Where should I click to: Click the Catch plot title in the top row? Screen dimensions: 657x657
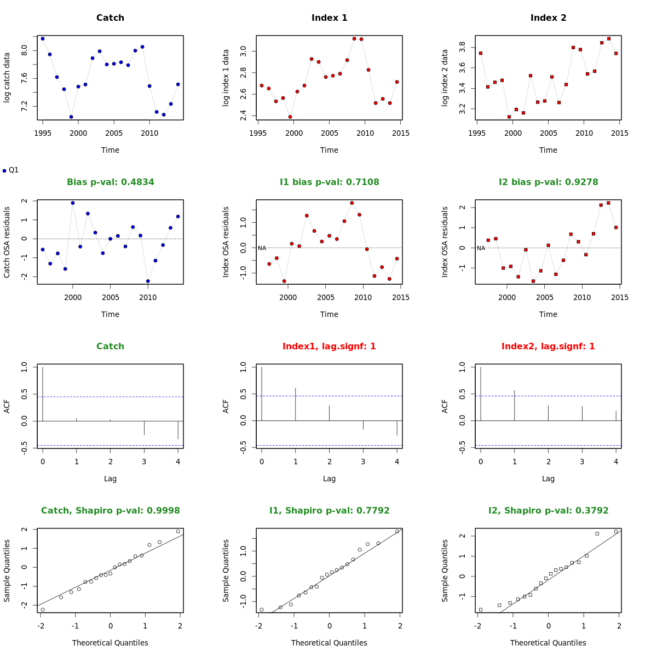pyautogui.click(x=110, y=18)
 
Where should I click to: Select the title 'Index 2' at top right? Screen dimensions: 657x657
pyautogui.click(x=548, y=18)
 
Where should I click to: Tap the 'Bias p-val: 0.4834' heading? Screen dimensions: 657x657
pyautogui.click(x=110, y=182)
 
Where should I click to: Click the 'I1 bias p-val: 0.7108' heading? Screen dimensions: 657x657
pyautogui.click(x=329, y=182)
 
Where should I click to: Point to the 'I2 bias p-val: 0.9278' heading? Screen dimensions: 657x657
pyautogui.click(x=548, y=182)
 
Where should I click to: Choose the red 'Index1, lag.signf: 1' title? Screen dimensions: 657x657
pyautogui.click(x=329, y=347)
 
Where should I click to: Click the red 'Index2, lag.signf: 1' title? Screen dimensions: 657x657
pyautogui.click(x=548, y=347)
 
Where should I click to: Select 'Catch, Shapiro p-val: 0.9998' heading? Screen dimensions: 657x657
pyautogui.click(x=110, y=511)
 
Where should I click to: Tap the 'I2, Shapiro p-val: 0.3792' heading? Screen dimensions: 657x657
pyautogui.click(x=548, y=511)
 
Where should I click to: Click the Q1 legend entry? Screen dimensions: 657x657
pyautogui.click(x=10, y=170)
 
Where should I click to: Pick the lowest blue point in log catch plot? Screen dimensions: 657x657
pyautogui.click(x=71, y=117)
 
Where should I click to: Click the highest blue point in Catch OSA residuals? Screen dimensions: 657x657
pyautogui.click(x=73, y=203)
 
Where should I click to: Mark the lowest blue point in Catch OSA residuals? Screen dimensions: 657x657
pyautogui.click(x=148, y=281)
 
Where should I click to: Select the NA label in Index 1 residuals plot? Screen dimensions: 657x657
pyautogui.click(x=262, y=248)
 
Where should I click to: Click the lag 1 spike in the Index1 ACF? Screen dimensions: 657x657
pyautogui.click(x=296, y=404)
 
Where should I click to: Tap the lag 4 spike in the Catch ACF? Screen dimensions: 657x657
pyautogui.click(x=178, y=430)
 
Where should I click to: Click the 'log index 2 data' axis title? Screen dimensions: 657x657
pyautogui.click(x=445, y=78)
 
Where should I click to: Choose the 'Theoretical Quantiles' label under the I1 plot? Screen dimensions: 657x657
pyautogui.click(x=329, y=643)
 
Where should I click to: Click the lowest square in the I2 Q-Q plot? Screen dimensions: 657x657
pyautogui.click(x=481, y=609)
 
